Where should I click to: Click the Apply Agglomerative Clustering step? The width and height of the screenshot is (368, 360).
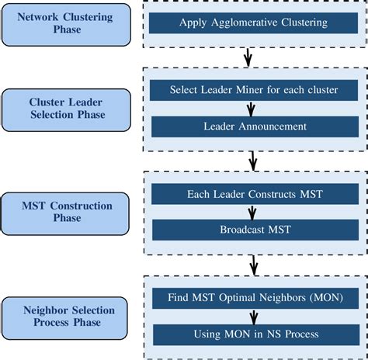coord(253,22)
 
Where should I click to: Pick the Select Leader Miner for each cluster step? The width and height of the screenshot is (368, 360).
coord(253,89)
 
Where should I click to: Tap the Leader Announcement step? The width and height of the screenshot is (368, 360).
coord(253,126)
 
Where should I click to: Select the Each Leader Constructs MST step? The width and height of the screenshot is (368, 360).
coord(253,193)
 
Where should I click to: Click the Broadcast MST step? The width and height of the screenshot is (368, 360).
coord(253,230)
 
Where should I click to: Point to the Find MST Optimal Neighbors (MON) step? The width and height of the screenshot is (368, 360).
coord(253,296)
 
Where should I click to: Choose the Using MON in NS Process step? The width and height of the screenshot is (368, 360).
coord(253,334)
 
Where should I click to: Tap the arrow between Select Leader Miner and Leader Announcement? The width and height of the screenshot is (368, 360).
coord(253,108)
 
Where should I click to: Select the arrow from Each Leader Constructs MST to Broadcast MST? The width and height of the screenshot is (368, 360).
coord(253,212)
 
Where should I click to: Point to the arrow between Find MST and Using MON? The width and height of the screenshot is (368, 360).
coord(253,315)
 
